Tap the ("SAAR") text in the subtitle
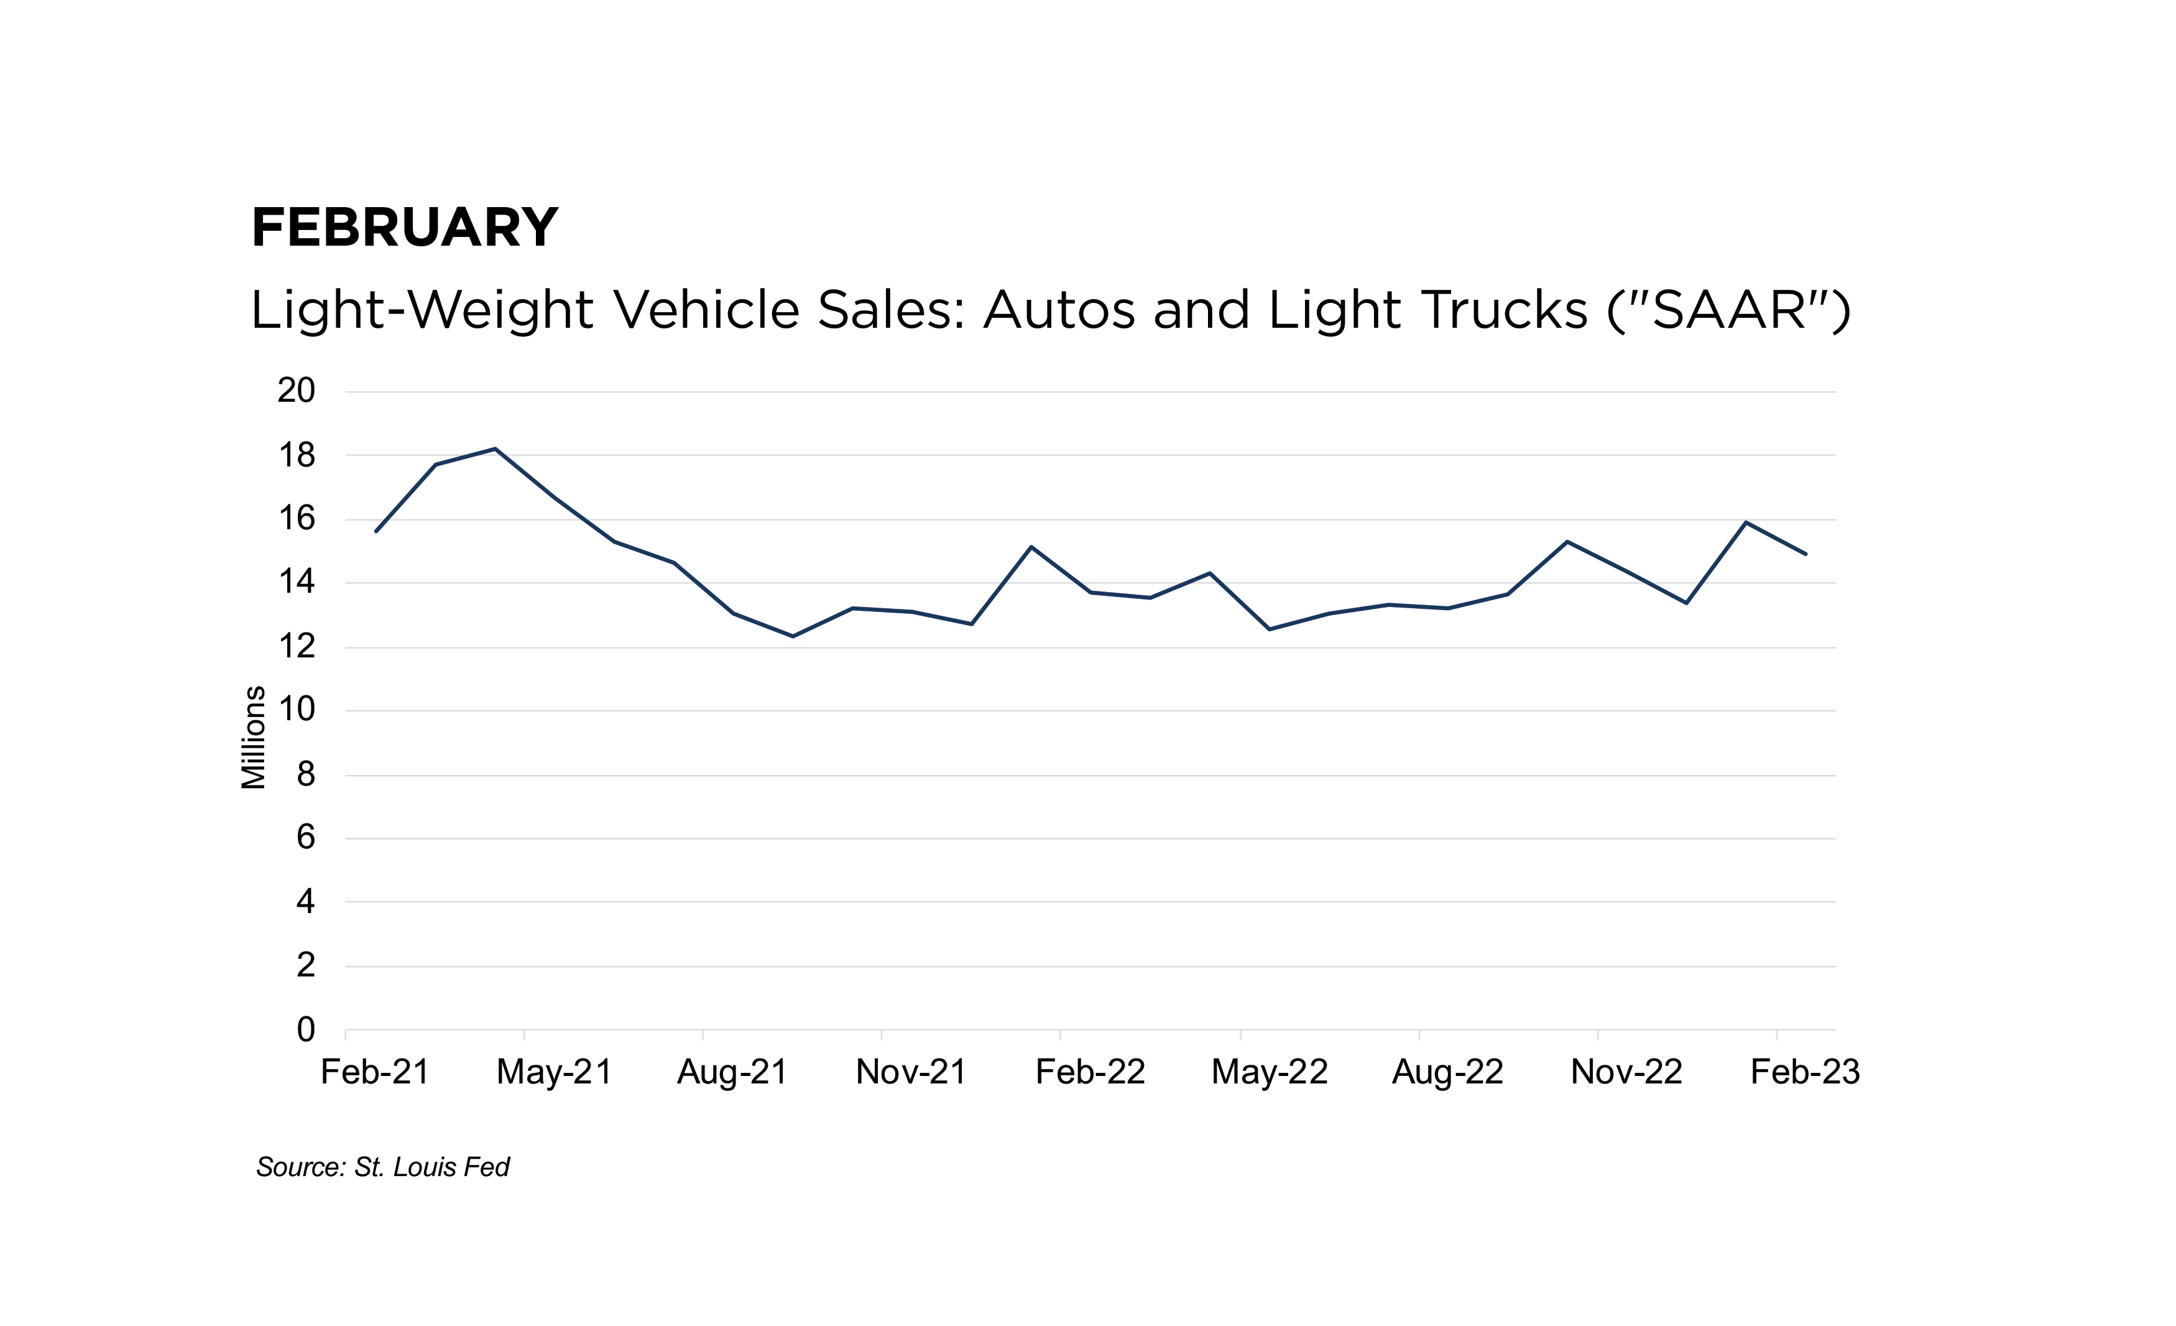click(1728, 310)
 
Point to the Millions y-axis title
click(254, 737)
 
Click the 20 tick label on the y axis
click(296, 391)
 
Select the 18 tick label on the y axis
click(296, 455)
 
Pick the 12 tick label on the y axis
click(296, 647)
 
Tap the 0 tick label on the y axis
click(305, 1029)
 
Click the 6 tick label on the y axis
click(305, 838)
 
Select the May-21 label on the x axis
click(554, 1072)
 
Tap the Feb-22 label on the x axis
click(1090, 1072)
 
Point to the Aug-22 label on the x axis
click(1447, 1072)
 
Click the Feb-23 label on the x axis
click(1805, 1072)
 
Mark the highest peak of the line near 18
click(496, 449)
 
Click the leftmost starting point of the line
click(376, 531)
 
